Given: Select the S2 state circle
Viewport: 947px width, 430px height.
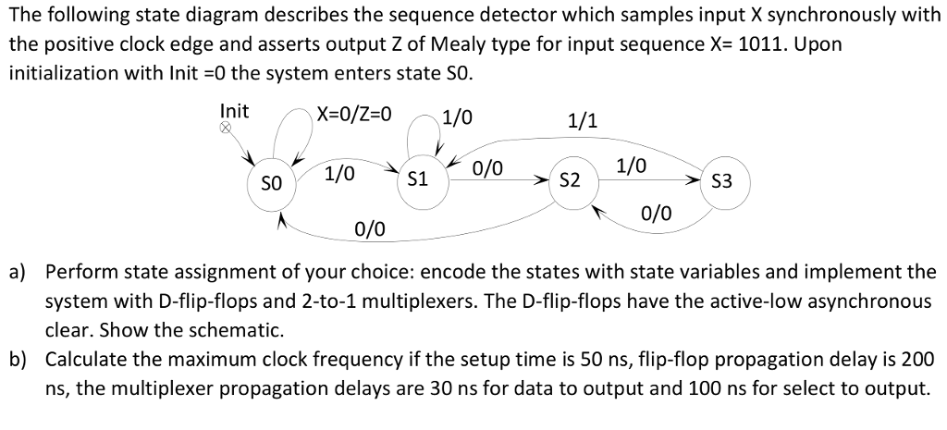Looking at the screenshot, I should (571, 179).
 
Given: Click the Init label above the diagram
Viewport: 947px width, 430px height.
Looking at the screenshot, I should (234, 112).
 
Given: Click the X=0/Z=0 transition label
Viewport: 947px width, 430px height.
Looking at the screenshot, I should (354, 115).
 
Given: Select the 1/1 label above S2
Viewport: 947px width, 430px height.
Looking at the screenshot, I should (583, 119).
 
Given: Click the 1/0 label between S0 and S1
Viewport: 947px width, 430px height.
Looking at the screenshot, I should (339, 172).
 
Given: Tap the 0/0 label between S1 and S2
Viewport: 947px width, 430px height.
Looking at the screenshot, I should (487, 168).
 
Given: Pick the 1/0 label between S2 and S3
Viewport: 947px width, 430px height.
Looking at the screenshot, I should (632, 166).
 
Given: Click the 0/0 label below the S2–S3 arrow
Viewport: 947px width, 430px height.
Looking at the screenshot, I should (656, 214).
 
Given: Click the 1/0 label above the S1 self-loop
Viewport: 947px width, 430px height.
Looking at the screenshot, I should (457, 117).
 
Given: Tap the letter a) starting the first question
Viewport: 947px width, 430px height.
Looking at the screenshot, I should (18, 272).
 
